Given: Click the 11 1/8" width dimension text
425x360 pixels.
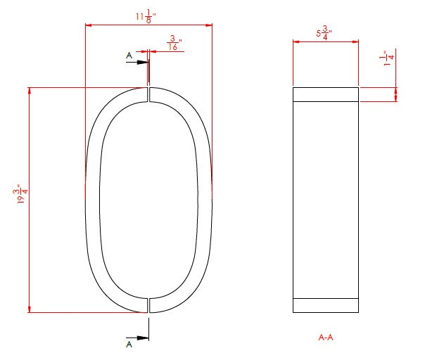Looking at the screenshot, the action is [146, 16].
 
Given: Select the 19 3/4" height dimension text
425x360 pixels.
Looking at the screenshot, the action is [20, 193].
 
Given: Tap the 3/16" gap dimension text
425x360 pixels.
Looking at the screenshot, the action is [174, 43].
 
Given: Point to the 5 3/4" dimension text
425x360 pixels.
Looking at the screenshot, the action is [324, 33].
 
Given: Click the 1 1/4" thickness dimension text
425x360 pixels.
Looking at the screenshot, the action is [387, 58].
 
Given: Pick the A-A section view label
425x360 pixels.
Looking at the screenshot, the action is [326, 337].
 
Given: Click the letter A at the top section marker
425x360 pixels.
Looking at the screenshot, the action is [129, 56].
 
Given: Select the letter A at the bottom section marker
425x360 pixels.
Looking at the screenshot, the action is [129, 345].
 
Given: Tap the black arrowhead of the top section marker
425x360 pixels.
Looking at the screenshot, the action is [143, 63].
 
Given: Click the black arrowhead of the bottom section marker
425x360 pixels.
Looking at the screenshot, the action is [143, 338].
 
